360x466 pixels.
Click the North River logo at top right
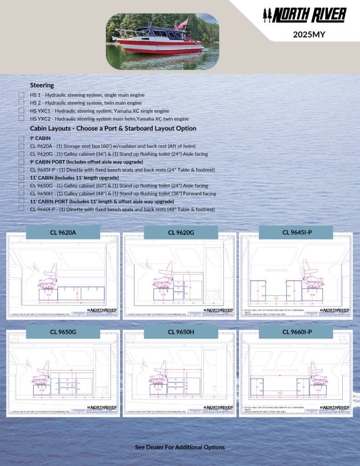[304, 15]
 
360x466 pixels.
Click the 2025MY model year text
[309, 34]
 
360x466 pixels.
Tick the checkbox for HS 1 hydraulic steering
[21, 95]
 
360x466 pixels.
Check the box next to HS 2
[21, 103]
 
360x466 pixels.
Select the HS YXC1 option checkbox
[21, 111]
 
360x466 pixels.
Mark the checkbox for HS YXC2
[21, 118]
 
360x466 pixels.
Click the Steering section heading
[42, 85]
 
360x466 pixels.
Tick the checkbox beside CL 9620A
[21, 146]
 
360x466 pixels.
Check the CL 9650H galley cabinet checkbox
[21, 193]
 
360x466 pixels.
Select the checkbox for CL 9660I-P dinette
[21, 208]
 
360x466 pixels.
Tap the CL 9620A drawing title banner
[63, 233]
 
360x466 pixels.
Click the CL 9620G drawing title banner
[181, 233]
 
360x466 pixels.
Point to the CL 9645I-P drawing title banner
[297, 232]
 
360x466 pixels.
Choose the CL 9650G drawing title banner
[63, 332]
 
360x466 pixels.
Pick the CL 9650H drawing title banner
[181, 332]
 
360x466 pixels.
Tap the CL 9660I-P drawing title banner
[297, 332]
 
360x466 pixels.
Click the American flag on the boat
[183, 23]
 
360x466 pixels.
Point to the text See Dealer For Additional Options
[180, 447]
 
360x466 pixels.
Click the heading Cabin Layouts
[113, 128]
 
